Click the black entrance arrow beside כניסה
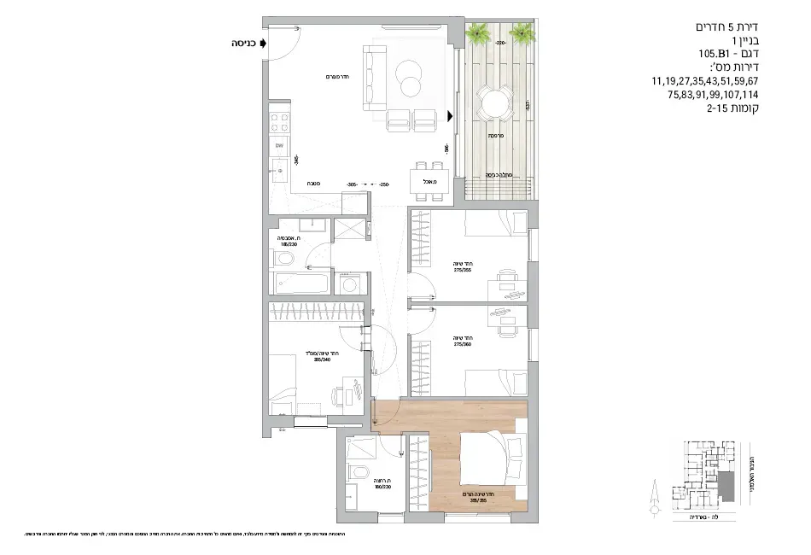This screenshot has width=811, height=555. click(264, 42)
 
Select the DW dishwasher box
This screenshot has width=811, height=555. click(279, 148)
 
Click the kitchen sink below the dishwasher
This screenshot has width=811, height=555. click(280, 172)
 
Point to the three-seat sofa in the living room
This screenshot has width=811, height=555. click(373, 79)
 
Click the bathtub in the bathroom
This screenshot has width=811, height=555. click(300, 283)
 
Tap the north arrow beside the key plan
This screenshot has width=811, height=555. click(654, 495)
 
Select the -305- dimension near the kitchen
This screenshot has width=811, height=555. click(351, 184)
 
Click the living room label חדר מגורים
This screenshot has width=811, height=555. click(317, 77)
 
